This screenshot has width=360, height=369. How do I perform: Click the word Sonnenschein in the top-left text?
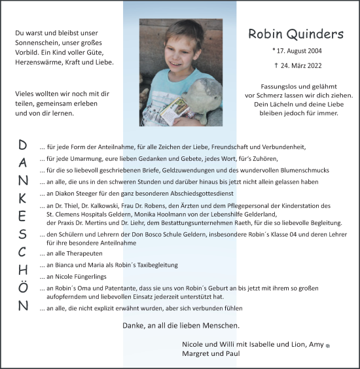pyautogui.click(x=37, y=42)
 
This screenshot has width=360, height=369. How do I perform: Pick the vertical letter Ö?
pyautogui.click(x=23, y=287)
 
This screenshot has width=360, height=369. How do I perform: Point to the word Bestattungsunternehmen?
pyautogui.click(x=206, y=222)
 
